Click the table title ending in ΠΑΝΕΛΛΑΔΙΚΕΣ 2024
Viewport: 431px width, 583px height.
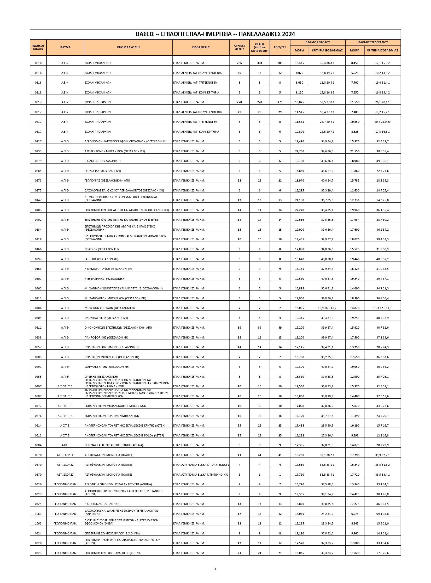tap(215, 34)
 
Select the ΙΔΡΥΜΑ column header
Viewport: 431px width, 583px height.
tap(65, 48)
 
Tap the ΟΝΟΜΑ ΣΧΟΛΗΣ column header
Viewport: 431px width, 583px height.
tap(128, 48)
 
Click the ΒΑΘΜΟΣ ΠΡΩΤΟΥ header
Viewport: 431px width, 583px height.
tap(318, 42)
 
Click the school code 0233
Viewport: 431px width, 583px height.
tap(38, 151)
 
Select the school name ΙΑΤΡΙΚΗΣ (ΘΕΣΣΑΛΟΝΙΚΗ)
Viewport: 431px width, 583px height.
tap(101, 259)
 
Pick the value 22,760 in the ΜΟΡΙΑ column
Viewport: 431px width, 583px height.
tap(299, 151)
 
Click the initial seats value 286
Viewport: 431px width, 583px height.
tap(239, 63)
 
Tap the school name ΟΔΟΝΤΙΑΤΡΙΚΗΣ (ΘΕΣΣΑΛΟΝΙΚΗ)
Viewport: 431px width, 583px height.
tap(106, 318)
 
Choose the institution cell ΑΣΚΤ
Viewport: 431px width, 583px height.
tap(65, 445)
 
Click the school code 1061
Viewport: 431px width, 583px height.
tap(38, 514)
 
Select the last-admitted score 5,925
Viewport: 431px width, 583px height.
tap(354, 73)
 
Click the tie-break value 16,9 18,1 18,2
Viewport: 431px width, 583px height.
tap(327, 308)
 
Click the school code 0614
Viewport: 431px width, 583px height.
tap(38, 426)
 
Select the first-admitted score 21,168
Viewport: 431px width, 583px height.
tap(299, 200)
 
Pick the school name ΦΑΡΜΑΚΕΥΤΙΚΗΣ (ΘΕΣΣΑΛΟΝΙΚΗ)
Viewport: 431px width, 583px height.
tap(107, 367)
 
